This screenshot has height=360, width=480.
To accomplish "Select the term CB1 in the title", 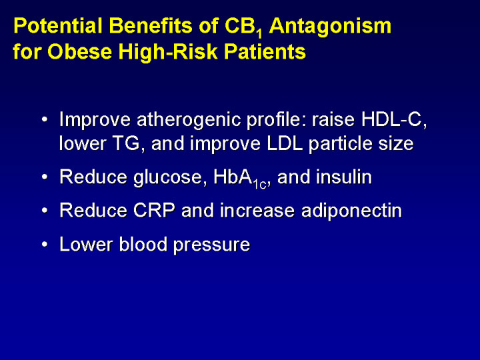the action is [243, 27].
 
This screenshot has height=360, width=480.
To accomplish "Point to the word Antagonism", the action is [330, 27].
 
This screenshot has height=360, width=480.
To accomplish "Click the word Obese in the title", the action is [79, 51].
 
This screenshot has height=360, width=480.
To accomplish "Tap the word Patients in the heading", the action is [265, 51].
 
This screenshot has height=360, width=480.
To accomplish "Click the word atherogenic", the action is [189, 120].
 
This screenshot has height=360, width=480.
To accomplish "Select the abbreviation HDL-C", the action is [394, 119].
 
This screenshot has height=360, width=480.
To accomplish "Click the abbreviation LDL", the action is [285, 143].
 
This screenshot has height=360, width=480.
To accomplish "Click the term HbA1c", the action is [240, 179].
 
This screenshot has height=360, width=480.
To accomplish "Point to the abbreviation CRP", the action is [154, 211].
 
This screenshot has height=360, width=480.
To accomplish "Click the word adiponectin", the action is [351, 212].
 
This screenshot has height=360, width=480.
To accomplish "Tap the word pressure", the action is [211, 245].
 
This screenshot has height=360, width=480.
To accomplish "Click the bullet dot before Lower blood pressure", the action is [45, 245].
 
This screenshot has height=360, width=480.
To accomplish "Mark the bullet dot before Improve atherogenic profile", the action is [45, 119].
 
